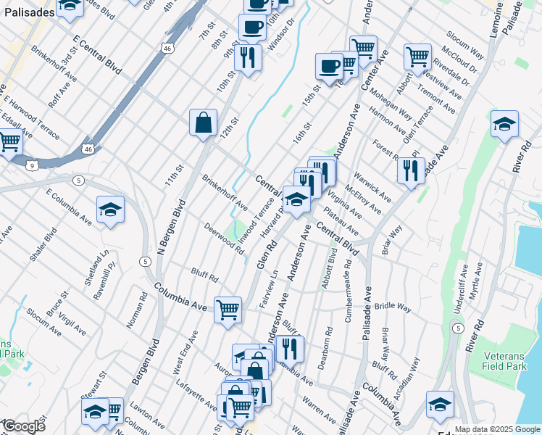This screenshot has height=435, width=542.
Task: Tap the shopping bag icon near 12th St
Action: click(x=204, y=122)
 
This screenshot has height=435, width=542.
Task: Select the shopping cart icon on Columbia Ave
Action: click(x=228, y=309)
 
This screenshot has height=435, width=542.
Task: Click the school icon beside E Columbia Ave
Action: click(x=110, y=210)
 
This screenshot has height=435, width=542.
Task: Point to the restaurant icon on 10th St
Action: click(x=249, y=57)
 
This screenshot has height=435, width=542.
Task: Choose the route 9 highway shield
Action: click(x=33, y=165)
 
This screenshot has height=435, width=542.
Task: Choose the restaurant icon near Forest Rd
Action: click(x=410, y=170)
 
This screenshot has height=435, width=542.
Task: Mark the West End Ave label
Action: click(x=185, y=353)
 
